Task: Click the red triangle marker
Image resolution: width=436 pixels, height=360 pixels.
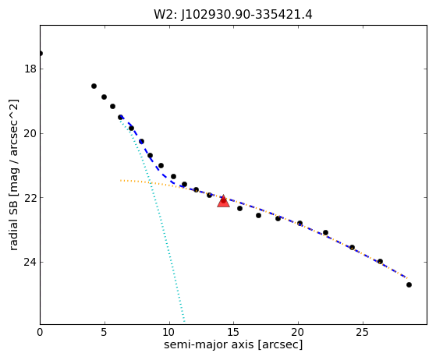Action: click(223, 201)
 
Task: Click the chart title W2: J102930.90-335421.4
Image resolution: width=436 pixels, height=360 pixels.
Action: click(233, 15)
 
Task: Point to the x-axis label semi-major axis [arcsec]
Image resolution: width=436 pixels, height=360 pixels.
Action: click(233, 344)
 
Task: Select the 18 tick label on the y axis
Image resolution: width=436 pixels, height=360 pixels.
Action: click(30, 69)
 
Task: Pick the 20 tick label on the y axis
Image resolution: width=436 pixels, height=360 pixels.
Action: click(30, 133)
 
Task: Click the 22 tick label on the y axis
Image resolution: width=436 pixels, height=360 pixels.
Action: click(30, 198)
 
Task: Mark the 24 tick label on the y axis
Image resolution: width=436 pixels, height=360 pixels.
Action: click(30, 263)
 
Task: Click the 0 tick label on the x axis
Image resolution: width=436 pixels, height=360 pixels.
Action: click(40, 332)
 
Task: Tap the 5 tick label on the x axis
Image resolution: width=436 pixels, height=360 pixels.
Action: click(105, 332)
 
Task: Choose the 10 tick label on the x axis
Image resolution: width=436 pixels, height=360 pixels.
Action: click(169, 332)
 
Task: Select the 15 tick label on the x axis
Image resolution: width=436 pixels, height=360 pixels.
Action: click(233, 332)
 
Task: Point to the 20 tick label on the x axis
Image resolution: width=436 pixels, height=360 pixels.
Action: click(298, 332)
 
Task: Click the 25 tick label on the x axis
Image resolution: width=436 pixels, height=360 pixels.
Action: click(363, 332)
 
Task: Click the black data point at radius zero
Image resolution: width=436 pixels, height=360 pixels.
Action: click(41, 53)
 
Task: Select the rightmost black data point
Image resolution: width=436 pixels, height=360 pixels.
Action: click(409, 284)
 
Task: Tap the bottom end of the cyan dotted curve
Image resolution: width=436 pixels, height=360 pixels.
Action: click(184, 322)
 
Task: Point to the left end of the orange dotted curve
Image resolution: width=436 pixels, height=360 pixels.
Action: click(121, 181)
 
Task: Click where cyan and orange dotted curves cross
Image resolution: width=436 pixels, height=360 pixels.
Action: click(151, 182)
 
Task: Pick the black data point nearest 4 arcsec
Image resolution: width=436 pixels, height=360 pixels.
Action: click(94, 86)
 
